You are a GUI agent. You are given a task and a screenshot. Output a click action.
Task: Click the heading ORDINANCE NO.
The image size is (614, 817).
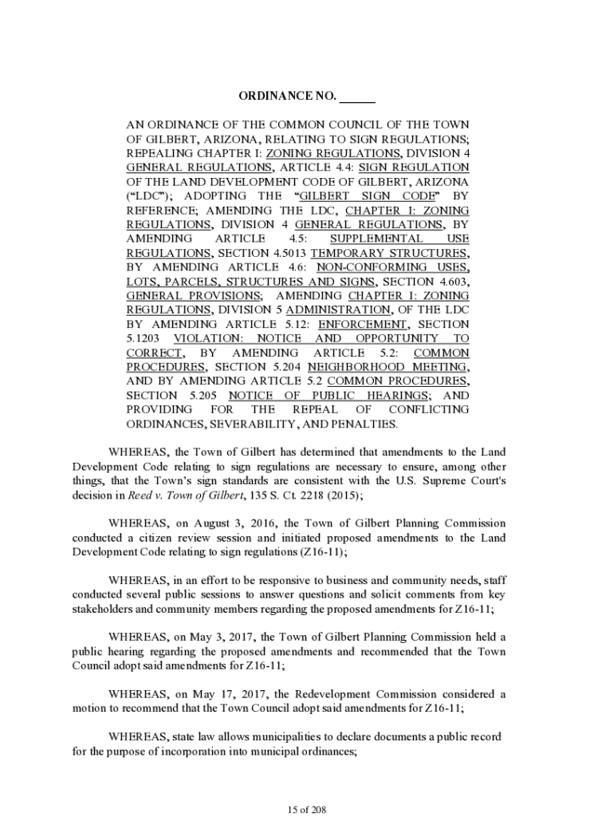pyautogui.click(x=287, y=97)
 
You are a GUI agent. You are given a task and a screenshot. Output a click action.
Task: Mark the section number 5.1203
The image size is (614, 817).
pyautogui.click(x=144, y=339)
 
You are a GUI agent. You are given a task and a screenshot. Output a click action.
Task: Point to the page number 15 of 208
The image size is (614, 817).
pyautogui.click(x=307, y=811)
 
